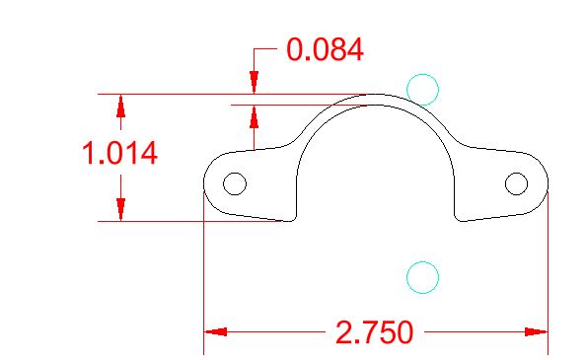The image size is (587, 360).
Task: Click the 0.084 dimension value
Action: pos(325,49)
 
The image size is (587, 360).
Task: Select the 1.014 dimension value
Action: pos(119,153)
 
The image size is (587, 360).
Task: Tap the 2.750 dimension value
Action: pos(374,332)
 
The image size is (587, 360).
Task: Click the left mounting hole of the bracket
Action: pos(235,183)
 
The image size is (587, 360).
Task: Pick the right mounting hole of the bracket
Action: pos(517,183)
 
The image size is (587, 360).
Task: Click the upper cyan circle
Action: pos(422,74)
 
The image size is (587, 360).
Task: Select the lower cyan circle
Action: pos(422,261)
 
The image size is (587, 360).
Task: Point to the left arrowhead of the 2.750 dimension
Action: pos(216,331)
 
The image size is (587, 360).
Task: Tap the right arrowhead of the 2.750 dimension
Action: pos(536,331)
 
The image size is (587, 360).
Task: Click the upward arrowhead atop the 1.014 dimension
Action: pos(120,107)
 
